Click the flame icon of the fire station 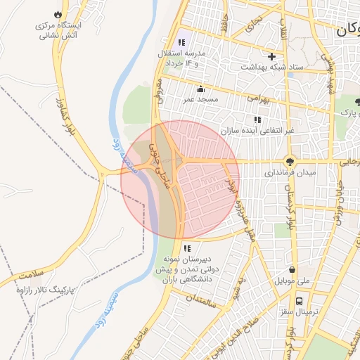click(57, 15)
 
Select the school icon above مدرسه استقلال click(182, 42)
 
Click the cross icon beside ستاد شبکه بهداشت click(271, 56)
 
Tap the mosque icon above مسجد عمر click(200, 89)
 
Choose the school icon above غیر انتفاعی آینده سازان click(257, 120)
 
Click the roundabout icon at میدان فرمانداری click(290, 161)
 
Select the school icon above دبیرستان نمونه click(187, 248)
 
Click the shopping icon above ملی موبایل click(292, 269)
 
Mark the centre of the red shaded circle click(181, 179)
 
